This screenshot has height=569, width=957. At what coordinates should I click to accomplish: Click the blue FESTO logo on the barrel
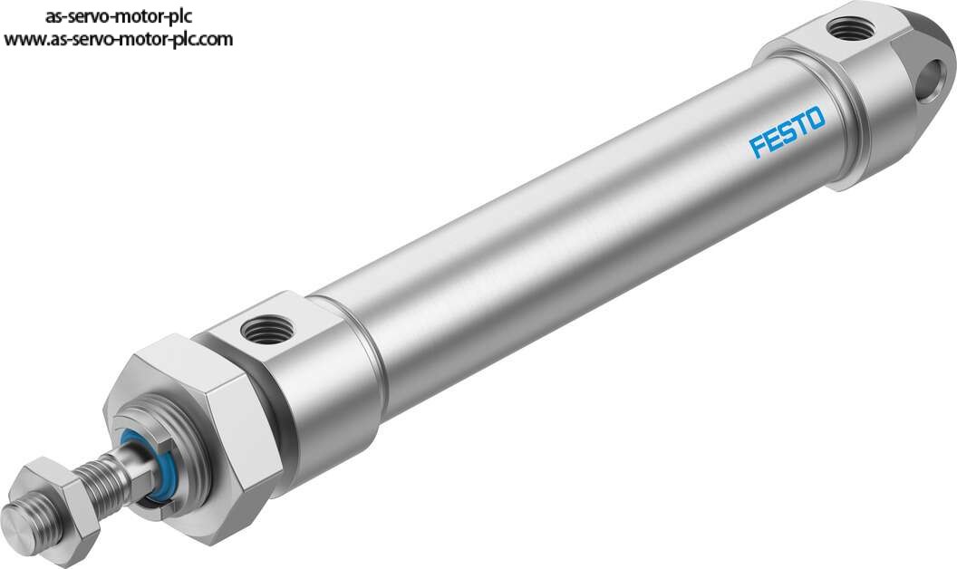pyautogui.click(x=788, y=132)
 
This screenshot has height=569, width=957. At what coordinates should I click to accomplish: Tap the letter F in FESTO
pyautogui.click(x=758, y=147)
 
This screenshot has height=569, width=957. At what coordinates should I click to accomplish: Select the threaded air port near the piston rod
pyautogui.click(x=266, y=331)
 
